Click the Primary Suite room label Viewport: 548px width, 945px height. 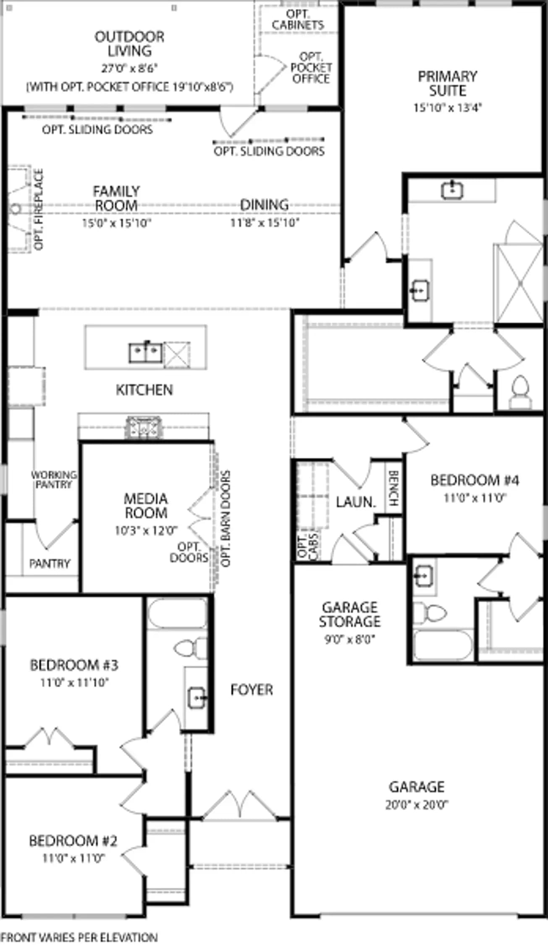(448, 83)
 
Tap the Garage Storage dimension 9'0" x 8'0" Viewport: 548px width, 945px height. (349, 639)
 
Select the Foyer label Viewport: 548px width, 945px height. (252, 689)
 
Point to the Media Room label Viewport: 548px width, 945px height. (146, 505)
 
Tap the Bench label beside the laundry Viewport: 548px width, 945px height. (393, 488)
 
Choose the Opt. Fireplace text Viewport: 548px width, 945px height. (39, 209)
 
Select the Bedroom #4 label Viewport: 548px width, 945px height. (475, 480)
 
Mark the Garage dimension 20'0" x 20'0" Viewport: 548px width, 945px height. (417, 805)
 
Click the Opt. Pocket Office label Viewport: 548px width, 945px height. (311, 68)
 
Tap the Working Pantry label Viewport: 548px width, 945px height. (54, 479)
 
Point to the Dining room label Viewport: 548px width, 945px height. (264, 205)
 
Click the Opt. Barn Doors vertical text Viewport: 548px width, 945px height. (225, 519)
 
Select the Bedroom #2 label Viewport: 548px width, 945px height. (73, 840)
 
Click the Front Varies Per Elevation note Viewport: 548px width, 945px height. (79, 937)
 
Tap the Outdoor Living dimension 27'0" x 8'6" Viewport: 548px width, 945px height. (129, 68)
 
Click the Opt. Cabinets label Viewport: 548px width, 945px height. (298, 19)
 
